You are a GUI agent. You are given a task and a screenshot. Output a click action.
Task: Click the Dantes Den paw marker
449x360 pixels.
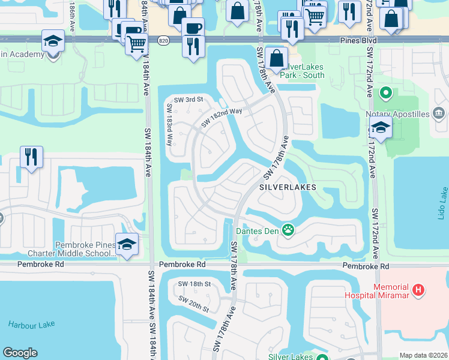289,230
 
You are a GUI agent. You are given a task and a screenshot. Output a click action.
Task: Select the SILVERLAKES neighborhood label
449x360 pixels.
288,187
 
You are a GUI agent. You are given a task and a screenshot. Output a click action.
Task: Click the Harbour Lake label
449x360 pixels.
31,325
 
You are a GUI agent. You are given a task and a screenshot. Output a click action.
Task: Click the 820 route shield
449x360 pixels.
163,40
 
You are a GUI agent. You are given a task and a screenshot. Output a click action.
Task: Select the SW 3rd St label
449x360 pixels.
188,100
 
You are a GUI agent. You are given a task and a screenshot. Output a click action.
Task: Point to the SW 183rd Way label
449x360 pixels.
169,125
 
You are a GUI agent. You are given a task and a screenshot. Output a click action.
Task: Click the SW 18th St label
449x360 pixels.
194,284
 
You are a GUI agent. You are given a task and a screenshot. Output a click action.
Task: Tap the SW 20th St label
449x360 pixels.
193,304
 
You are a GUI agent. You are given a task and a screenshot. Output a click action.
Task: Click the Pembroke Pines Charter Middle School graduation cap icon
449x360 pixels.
127,244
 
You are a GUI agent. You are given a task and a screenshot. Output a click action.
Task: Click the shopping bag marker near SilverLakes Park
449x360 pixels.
276,59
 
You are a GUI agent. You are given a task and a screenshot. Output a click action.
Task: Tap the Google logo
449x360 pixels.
20,353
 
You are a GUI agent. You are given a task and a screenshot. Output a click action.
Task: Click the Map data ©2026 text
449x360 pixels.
423,355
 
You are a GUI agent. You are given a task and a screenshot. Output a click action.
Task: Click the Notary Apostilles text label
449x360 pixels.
397,114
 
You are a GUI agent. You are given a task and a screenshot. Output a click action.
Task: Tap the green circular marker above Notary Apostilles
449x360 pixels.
385,94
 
